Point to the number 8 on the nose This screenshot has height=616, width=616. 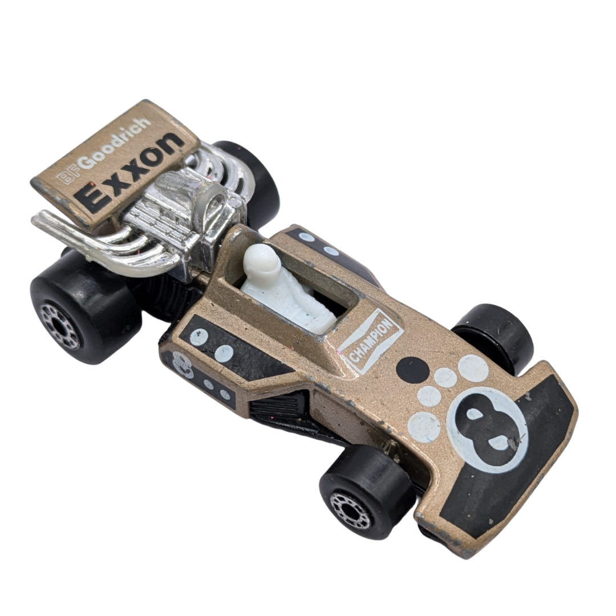(x=487, y=429)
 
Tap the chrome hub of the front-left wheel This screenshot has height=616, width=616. (x=351, y=510)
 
